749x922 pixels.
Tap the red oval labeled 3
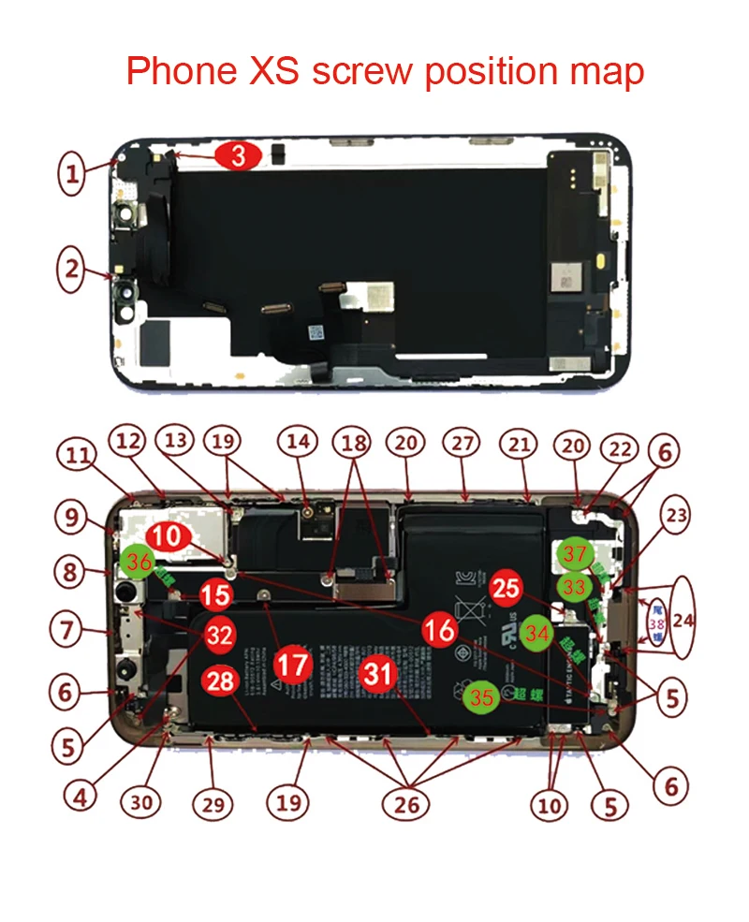point(239,156)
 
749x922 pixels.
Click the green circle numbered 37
point(574,555)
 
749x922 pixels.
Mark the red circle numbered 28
point(221,681)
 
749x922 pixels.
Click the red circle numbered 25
point(507,589)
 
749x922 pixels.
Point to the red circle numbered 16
point(440,629)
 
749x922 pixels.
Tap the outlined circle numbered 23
point(678,516)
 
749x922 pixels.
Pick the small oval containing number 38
point(657,620)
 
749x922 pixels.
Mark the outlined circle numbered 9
point(72,515)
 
